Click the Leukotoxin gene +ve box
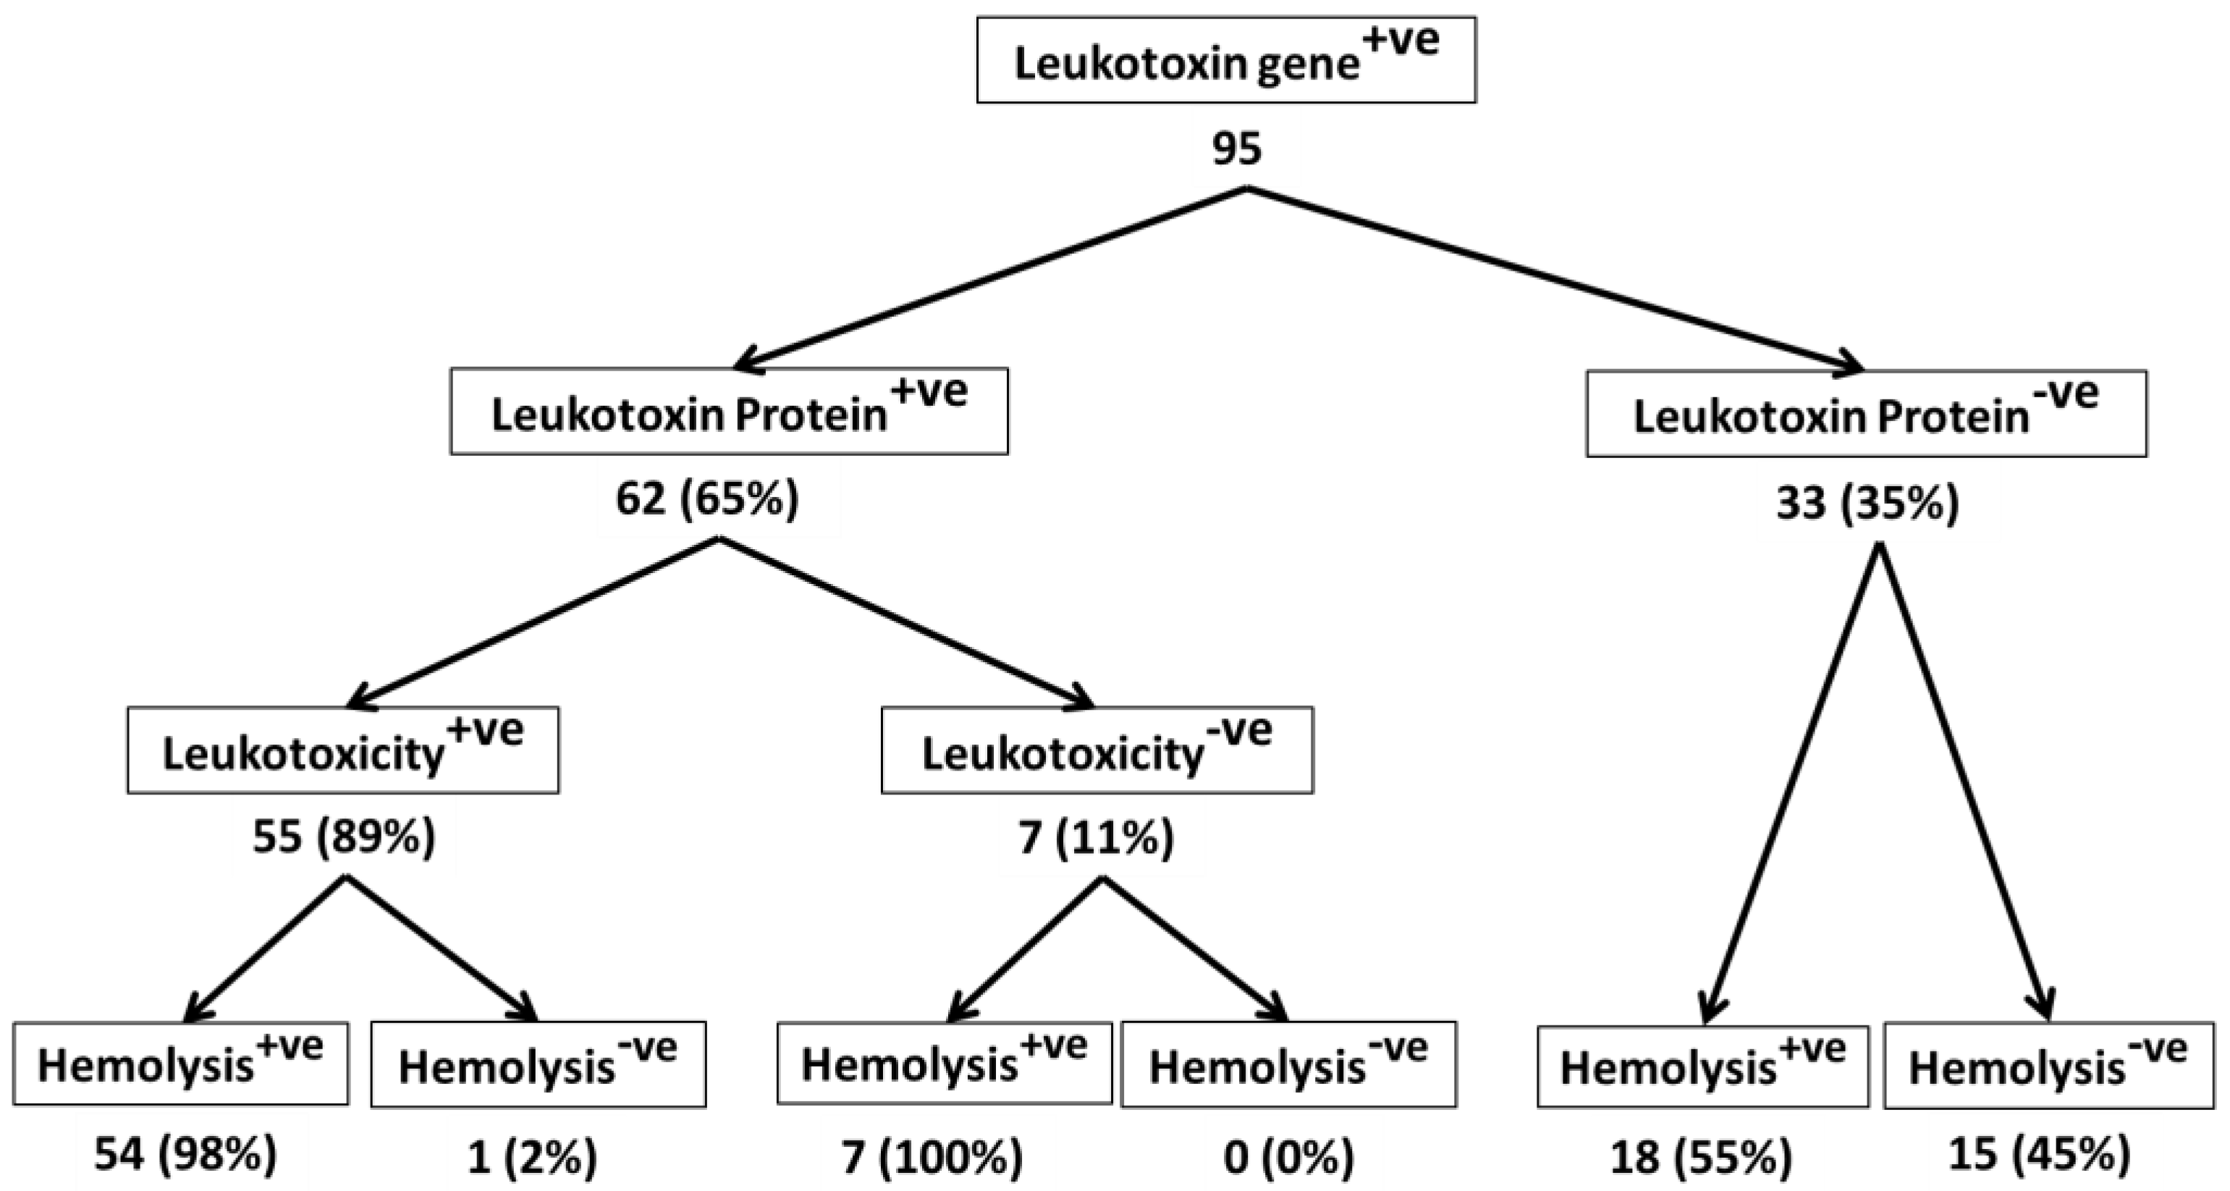tap(1226, 60)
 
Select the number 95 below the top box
tap(1236, 149)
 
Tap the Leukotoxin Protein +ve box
tap(729, 411)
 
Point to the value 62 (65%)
tap(707, 499)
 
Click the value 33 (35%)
tap(1867, 504)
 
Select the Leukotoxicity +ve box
tap(343, 750)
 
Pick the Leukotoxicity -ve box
tap(1097, 750)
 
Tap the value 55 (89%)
tap(344, 837)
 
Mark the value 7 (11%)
tap(1096, 838)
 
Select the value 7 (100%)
tap(932, 1157)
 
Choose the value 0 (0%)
tap(1288, 1157)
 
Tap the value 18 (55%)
tap(1701, 1157)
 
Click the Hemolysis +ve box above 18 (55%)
tap(1703, 1066)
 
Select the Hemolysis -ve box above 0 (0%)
tap(1288, 1064)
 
